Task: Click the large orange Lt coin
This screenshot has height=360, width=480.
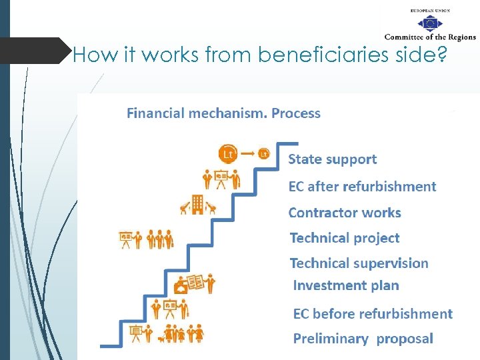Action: point(228,154)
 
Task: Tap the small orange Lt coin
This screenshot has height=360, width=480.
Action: point(264,154)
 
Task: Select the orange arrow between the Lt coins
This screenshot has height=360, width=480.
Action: point(247,154)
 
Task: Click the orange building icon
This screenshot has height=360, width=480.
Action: point(197,205)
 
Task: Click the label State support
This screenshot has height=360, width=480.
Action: point(332,159)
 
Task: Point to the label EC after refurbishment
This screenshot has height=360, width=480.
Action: point(362,187)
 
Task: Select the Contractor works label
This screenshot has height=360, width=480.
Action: point(345,213)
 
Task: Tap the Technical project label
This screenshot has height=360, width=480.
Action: point(345,238)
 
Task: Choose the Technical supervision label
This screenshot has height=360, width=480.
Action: point(359,263)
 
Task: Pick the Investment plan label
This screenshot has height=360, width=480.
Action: point(346,286)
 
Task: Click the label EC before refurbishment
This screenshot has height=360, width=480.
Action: point(373,314)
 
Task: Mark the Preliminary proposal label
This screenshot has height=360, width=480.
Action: point(363,339)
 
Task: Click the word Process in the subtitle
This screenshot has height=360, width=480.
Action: point(296,113)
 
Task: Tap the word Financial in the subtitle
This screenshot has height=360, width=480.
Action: point(155,113)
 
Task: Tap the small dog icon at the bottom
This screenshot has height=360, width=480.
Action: point(161,338)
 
